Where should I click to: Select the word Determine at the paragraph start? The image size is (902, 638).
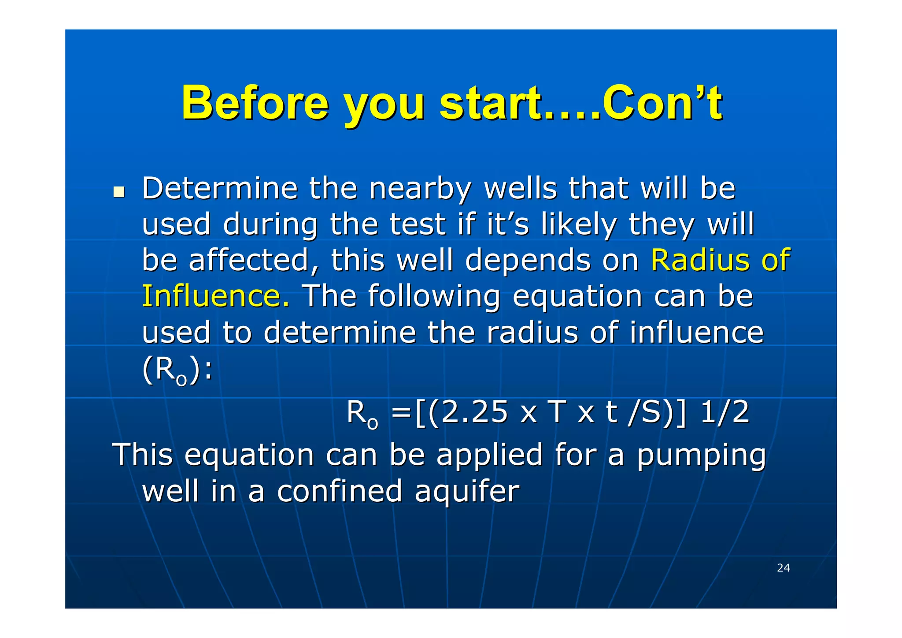pyautogui.click(x=220, y=188)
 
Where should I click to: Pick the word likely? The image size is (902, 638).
pyautogui.click(x=579, y=225)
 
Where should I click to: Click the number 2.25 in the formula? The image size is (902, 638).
pyautogui.click(x=475, y=413)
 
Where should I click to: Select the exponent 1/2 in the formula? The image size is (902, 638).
pyautogui.click(x=725, y=413)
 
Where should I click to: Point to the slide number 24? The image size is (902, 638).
pyautogui.click(x=783, y=568)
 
